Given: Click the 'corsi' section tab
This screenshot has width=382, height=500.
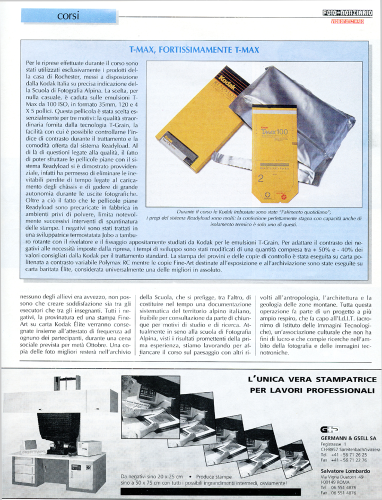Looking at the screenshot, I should click(68, 15).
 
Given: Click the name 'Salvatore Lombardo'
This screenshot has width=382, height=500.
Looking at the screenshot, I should click(345, 471).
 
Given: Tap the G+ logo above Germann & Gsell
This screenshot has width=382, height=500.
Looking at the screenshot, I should click(330, 429).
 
